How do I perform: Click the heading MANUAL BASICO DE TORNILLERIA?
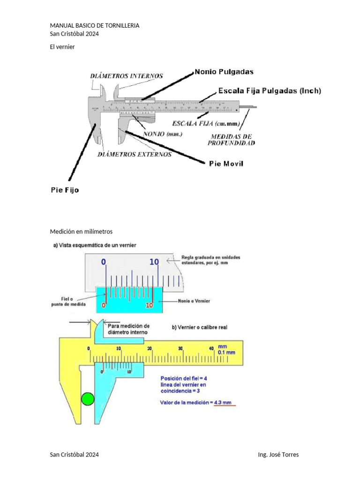(x=94, y=25)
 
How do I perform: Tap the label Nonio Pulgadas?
(x=224, y=72)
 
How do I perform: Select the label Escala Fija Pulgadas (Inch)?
(x=270, y=91)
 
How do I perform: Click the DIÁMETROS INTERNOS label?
(x=127, y=75)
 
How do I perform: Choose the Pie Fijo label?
(x=65, y=190)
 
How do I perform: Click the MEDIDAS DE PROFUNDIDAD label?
(x=232, y=140)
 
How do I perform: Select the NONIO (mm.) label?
(x=162, y=134)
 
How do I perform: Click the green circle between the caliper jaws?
(x=87, y=399)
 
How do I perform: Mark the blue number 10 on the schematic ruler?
(x=154, y=262)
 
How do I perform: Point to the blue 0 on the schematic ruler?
(x=104, y=262)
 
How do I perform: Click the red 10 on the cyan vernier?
(x=150, y=305)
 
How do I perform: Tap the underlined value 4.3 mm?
(x=224, y=403)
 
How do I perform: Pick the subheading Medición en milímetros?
(x=81, y=232)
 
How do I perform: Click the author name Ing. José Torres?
(x=278, y=455)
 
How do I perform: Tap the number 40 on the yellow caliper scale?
(x=211, y=348)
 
